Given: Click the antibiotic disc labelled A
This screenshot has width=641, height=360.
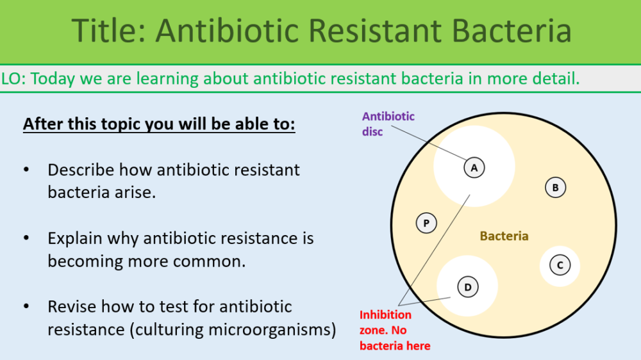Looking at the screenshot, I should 474,168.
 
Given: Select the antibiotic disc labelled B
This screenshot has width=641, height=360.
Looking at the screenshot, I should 555,188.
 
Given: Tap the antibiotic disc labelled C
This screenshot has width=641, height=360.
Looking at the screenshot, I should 560,265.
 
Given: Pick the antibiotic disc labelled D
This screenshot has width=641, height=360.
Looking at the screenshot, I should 468,287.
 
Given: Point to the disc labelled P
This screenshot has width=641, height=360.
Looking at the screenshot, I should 426,224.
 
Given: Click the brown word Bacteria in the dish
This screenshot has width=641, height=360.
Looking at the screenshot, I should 504,236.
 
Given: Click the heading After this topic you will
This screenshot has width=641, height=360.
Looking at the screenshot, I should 159,123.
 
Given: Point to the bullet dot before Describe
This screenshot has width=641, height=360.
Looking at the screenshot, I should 26,170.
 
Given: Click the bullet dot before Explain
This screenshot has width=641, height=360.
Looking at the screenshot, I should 26,238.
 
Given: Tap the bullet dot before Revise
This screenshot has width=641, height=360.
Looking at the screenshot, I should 26,307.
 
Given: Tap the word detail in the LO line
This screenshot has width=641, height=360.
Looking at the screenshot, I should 558,79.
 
